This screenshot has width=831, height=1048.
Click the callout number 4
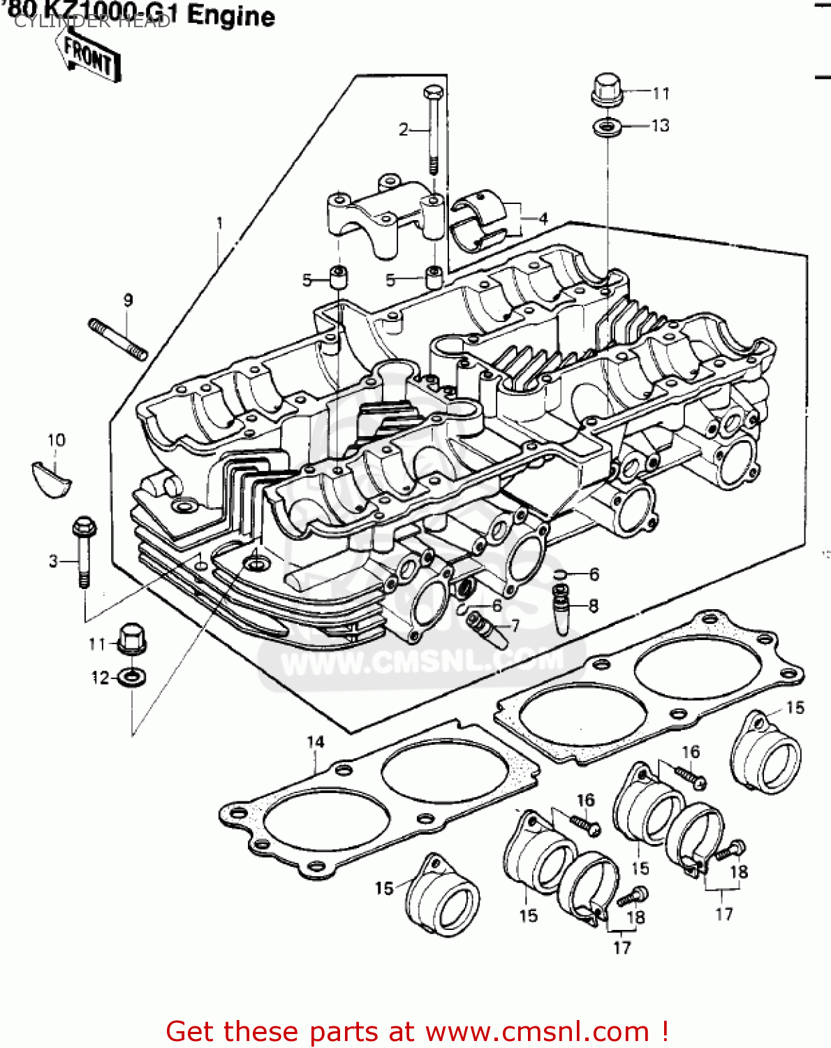click(x=543, y=218)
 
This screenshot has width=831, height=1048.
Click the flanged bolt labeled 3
click(x=83, y=553)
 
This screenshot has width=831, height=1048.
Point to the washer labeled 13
click(x=608, y=128)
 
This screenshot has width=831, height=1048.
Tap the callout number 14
click(x=316, y=741)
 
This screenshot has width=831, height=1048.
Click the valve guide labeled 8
click(x=561, y=608)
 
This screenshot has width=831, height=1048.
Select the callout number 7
click(x=515, y=625)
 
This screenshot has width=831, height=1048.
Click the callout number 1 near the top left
click(x=219, y=223)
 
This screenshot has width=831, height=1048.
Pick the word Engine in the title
click(x=231, y=15)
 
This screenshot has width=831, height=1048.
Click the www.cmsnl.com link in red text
click(x=538, y=1031)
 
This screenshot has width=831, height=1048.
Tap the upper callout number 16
click(x=690, y=752)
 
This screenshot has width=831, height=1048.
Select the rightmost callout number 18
click(x=739, y=871)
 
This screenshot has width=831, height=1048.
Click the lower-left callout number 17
click(x=622, y=947)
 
